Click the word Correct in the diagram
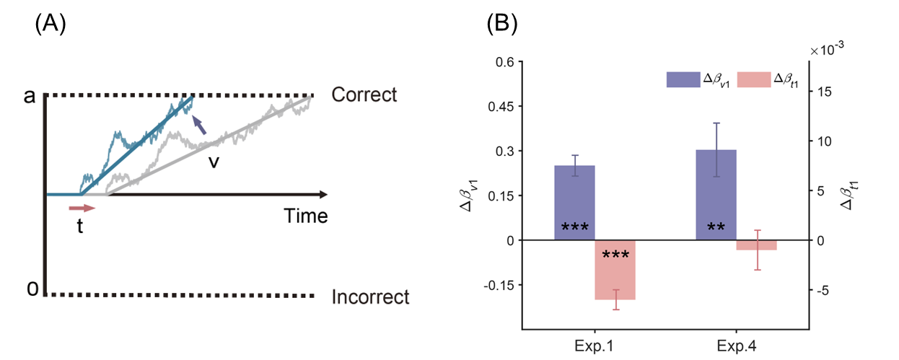pos(364,95)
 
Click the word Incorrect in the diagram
pos(370,297)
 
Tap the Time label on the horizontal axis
pos(305,216)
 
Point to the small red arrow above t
pos(82,208)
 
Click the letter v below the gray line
pos(214,161)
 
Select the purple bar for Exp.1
pos(574,203)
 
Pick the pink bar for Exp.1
pos(615,269)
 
